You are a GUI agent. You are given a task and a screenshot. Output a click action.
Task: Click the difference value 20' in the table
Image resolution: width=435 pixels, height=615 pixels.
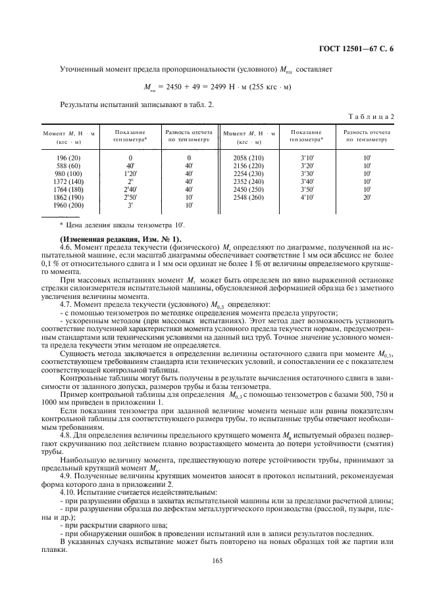[x=367, y=196]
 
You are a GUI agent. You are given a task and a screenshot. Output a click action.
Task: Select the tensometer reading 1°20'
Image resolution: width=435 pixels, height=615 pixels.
[x=130, y=173]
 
